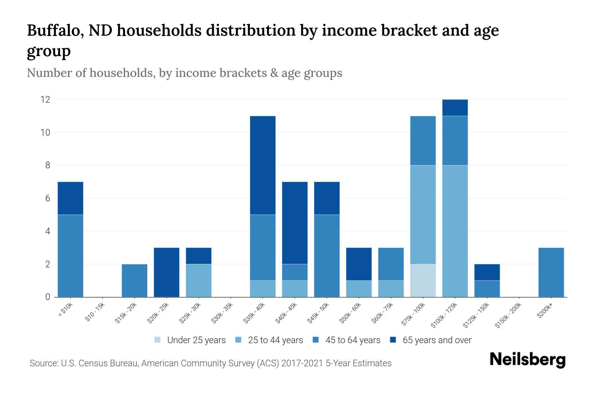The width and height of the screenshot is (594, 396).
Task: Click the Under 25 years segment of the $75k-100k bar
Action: click(x=423, y=280)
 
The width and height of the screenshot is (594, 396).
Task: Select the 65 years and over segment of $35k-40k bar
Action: click(x=263, y=165)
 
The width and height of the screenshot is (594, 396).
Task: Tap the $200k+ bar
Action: click(x=551, y=272)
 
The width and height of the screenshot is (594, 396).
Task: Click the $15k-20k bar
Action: click(x=134, y=280)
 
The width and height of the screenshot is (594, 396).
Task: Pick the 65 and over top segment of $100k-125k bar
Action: click(x=455, y=108)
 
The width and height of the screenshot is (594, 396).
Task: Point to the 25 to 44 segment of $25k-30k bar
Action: click(x=198, y=280)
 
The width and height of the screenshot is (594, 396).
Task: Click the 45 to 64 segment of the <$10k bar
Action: click(x=70, y=256)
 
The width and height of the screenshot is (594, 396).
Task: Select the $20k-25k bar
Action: click(x=166, y=272)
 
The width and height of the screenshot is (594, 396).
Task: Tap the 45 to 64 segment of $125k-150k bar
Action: click(x=487, y=289)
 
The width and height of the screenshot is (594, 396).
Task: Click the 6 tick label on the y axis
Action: click(x=48, y=198)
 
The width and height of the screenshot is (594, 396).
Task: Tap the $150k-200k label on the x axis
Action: click(x=509, y=315)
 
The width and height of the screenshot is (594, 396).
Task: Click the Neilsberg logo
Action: click(x=527, y=360)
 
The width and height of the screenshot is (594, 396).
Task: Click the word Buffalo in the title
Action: click(x=54, y=30)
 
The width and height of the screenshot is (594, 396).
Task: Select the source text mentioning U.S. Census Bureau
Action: click(x=210, y=363)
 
